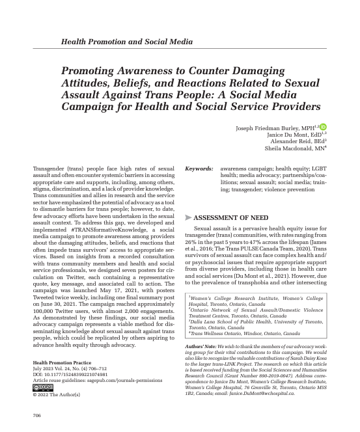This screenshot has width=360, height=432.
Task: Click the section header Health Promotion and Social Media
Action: point(126,42)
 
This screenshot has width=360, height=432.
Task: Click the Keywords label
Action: point(199,169)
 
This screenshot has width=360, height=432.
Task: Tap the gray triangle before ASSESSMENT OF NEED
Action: point(189,217)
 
